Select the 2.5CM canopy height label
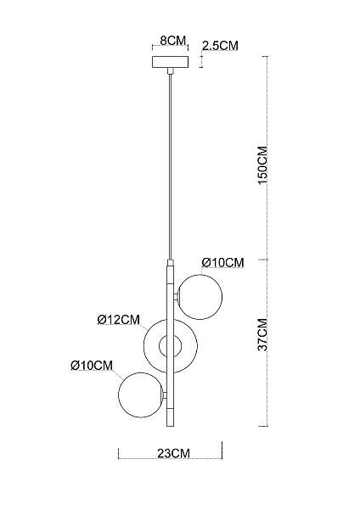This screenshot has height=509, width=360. [220, 46]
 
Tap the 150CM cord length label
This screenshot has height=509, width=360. [262, 165]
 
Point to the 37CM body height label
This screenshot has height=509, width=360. [262, 334]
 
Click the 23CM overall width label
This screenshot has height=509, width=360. [173, 453]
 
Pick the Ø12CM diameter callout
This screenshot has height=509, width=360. [119, 320]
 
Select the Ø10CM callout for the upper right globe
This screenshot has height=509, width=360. [222, 262]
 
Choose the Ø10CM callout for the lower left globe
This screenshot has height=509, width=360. [92, 366]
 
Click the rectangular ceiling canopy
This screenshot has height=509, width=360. [171, 62]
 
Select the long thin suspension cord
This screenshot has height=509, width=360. [170, 167]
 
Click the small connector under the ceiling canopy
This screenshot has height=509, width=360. [170, 71]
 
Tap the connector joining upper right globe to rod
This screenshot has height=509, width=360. [177, 297]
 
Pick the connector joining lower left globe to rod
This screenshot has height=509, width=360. [165, 395]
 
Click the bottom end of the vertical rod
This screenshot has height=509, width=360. [171, 426]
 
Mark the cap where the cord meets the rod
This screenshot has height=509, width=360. [170, 263]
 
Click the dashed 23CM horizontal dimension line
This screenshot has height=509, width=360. [171, 458]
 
